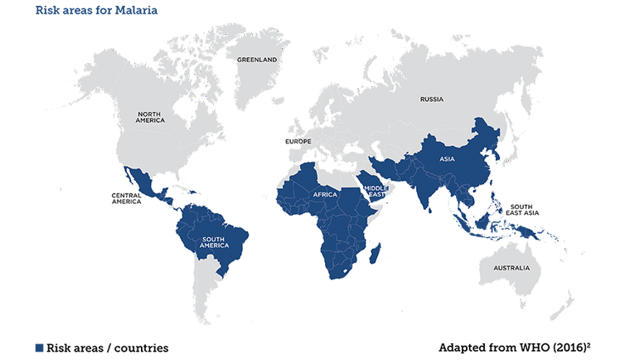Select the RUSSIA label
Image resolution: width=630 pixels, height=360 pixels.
pyautogui.click(x=431, y=100)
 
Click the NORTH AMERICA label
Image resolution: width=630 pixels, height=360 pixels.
pyautogui.click(x=150, y=118)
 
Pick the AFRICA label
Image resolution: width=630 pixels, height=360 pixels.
pyautogui.click(x=324, y=194)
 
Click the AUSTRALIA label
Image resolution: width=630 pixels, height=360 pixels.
pyautogui.click(x=511, y=268)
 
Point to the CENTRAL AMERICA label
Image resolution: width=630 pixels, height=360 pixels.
pyautogui.click(x=127, y=198)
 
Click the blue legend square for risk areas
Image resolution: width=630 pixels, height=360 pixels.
pyautogui.click(x=38, y=348)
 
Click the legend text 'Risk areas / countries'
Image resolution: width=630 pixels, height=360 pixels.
pyautogui.click(x=108, y=348)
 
